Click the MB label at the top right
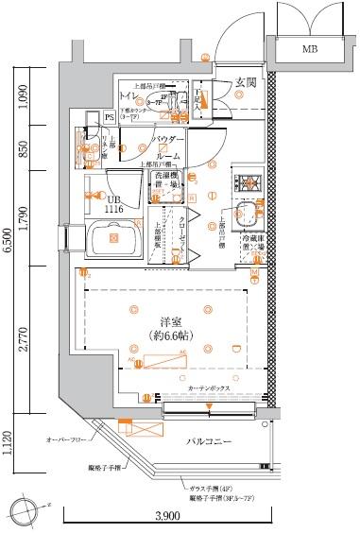pos(309,47)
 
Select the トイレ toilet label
pos(126,95)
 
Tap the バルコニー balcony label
pos(209,441)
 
